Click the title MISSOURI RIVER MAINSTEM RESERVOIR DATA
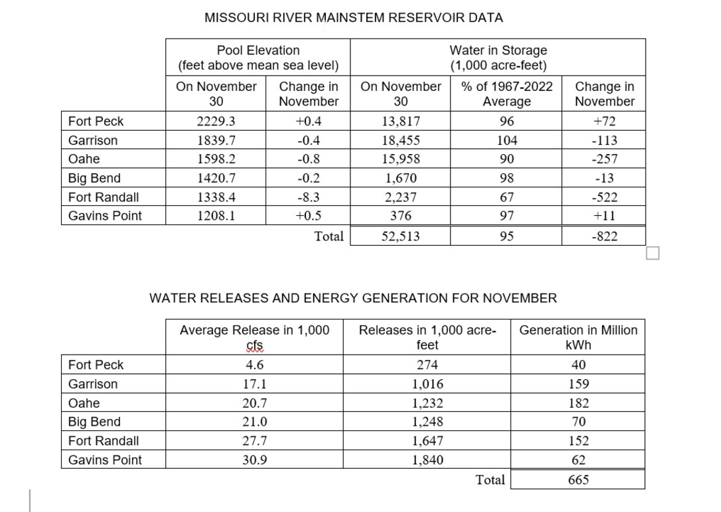pyautogui.click(x=353, y=19)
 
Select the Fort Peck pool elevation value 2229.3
pyautogui.click(x=216, y=122)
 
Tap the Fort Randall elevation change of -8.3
pyautogui.click(x=309, y=197)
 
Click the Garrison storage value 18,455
pyautogui.click(x=400, y=141)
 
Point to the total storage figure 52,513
pyautogui.click(x=400, y=236)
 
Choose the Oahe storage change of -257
pyautogui.click(x=604, y=159)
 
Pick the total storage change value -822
pyautogui.click(x=604, y=236)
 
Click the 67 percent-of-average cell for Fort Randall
pyautogui.click(x=506, y=197)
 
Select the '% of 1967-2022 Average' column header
pyautogui.click(x=506, y=94)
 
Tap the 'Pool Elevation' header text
pyautogui.click(x=258, y=50)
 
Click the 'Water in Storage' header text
pyautogui.click(x=498, y=50)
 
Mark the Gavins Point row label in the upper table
pyautogui.click(x=105, y=216)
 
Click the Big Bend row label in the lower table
pyautogui.click(x=94, y=422)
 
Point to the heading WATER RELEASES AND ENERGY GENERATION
pyautogui.click(x=353, y=298)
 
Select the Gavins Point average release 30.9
pyautogui.click(x=254, y=460)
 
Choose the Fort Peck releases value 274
pyautogui.click(x=427, y=365)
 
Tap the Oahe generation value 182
pyautogui.click(x=578, y=403)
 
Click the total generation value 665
pyautogui.click(x=578, y=479)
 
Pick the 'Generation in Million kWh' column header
pyautogui.click(x=578, y=337)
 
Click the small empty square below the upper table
pyautogui.click(x=652, y=253)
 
